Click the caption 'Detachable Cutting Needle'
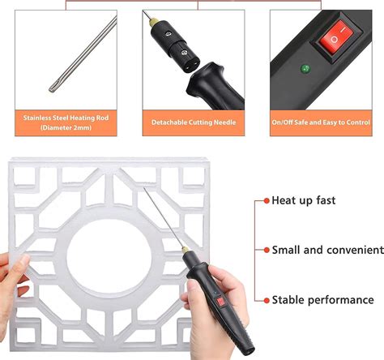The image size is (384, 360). (x=193, y=122)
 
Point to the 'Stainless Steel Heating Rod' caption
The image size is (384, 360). (x=66, y=117)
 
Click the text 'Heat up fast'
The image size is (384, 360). (x=303, y=199)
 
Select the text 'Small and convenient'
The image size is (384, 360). (x=327, y=250)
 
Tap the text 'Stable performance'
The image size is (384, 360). (x=322, y=300)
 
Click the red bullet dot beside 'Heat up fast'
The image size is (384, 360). (x=265, y=199)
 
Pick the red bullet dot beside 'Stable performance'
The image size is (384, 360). (x=265, y=300)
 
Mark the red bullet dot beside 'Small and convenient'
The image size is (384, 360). (x=265, y=250)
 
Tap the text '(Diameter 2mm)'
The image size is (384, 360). (x=66, y=126)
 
